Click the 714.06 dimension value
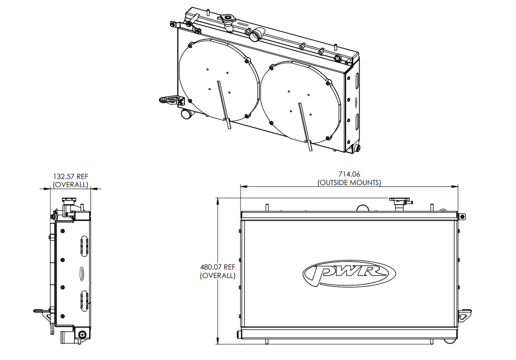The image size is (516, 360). tap(349, 174)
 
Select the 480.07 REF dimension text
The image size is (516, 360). tap(218, 267)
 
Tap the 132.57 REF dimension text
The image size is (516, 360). tap(71, 176)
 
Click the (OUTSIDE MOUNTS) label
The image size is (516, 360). tap(349, 182)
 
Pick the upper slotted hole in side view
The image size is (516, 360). tap(84, 246)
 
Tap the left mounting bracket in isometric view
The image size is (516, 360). tap(172, 100)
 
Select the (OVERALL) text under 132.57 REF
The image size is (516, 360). tap(71, 185)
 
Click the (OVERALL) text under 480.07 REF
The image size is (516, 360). tap(218, 275)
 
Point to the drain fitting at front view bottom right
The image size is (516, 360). tap(450, 340)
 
